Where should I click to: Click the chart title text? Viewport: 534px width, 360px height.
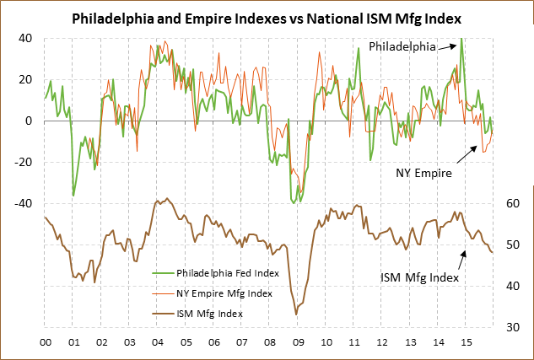pyautogui.click(x=267, y=18)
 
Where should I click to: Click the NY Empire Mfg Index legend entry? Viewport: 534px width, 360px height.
pyautogui.click(x=224, y=293)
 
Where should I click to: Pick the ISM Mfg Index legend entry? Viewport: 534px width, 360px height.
pyautogui.click(x=209, y=314)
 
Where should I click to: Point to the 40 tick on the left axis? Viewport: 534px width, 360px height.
pyautogui.click(x=25, y=38)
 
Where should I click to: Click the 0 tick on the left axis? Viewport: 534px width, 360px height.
pyautogui.click(x=28, y=121)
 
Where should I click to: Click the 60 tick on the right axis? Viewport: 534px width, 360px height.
pyautogui.click(x=511, y=203)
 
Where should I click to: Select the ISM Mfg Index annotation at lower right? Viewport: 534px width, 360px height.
pyautogui.click(x=419, y=277)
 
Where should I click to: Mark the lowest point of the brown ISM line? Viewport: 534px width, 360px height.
pyautogui.click(x=296, y=314)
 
